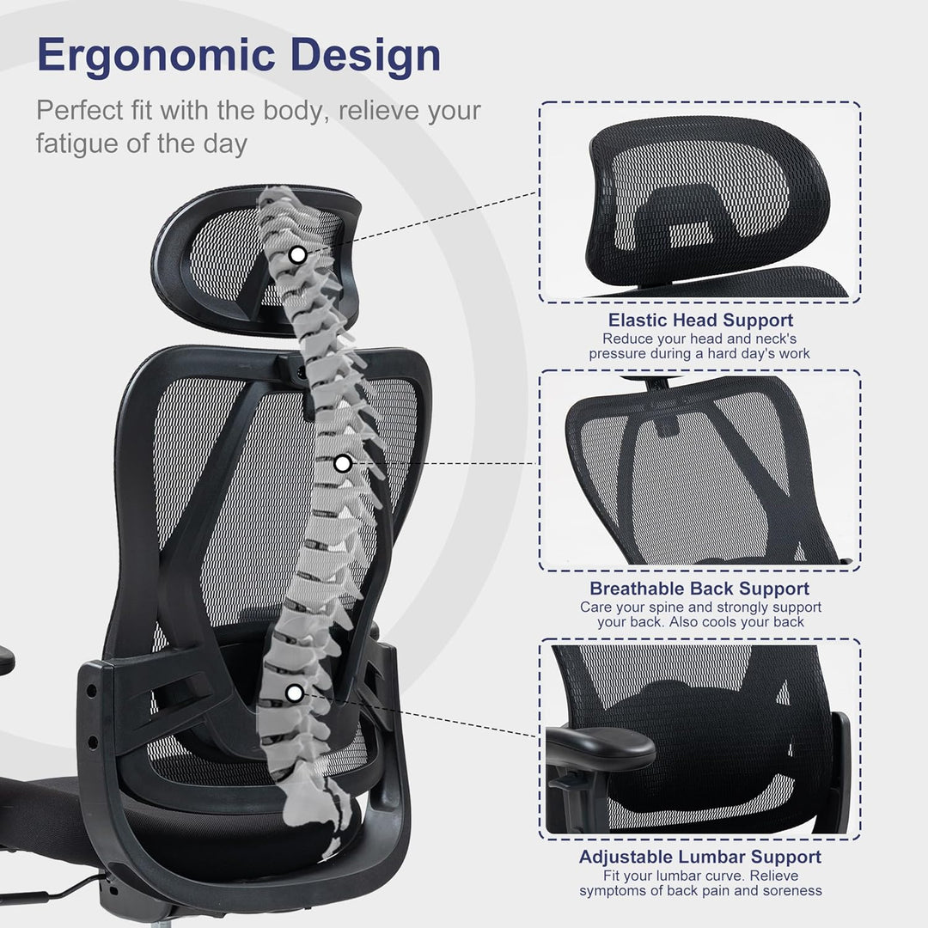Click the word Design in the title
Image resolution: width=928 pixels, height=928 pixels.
click(366, 56)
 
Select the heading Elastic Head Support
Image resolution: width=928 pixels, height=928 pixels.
click(700, 321)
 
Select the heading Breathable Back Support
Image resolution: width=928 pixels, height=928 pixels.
click(699, 589)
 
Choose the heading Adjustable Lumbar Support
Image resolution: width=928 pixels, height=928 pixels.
click(700, 857)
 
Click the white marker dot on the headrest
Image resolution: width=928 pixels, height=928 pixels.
click(297, 255)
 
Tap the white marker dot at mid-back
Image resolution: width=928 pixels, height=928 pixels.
click(342, 464)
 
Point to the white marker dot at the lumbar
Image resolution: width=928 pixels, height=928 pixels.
click(294, 693)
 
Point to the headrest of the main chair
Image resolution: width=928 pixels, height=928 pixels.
click(256, 260)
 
